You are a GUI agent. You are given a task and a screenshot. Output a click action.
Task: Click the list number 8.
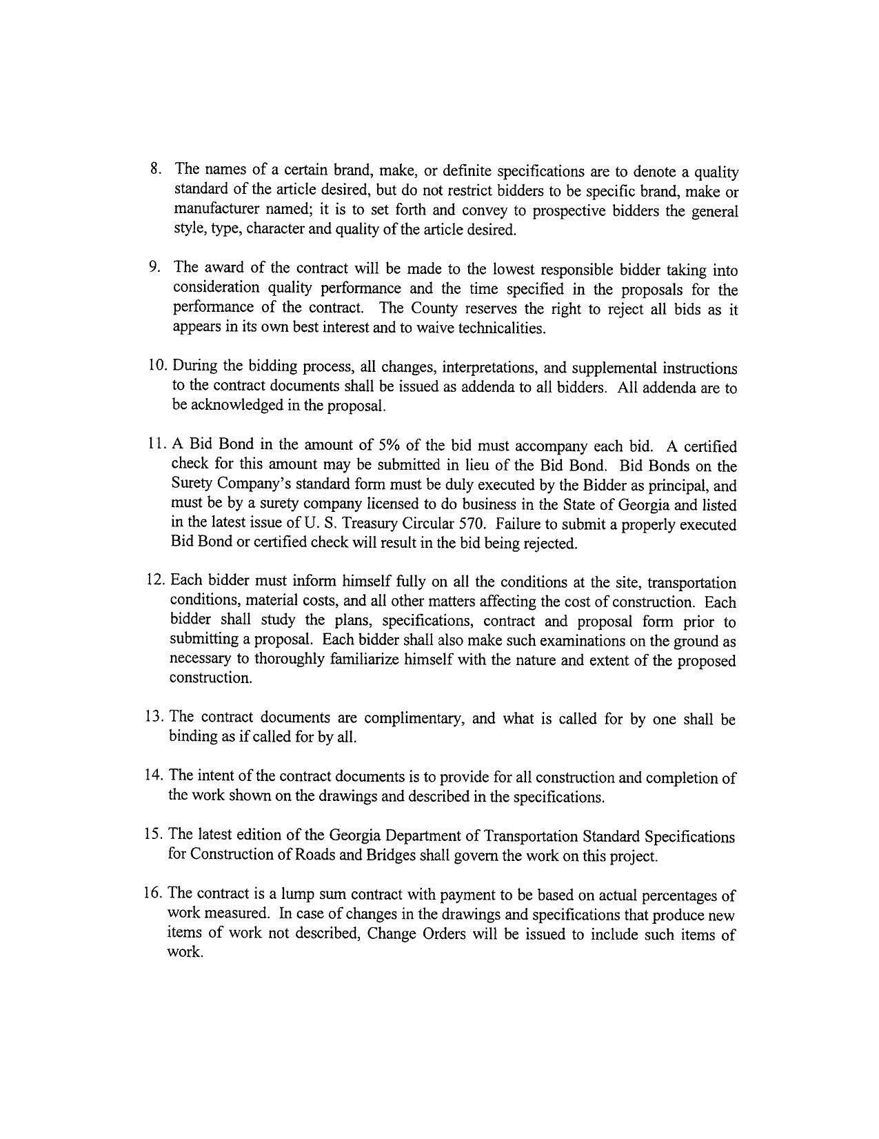155,168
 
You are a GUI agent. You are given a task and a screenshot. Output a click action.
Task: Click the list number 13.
154,717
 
